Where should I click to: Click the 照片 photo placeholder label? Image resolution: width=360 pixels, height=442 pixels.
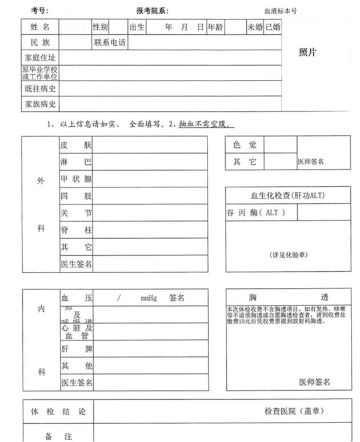coord(307,53)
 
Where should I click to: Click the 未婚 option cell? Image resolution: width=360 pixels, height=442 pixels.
coord(254,27)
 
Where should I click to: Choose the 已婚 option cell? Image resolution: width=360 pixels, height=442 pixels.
coord(272,27)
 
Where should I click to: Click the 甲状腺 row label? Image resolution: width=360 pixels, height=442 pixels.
coord(76,179)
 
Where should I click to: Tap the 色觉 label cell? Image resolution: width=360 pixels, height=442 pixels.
coord(244,145)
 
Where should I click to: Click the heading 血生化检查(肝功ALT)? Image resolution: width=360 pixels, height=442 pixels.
coord(287,196)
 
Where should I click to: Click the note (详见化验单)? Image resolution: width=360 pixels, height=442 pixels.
coord(287,254)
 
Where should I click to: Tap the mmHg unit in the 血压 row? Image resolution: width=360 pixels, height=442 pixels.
coord(149,298)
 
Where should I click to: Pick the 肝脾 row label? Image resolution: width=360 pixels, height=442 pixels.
coord(76,348)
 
